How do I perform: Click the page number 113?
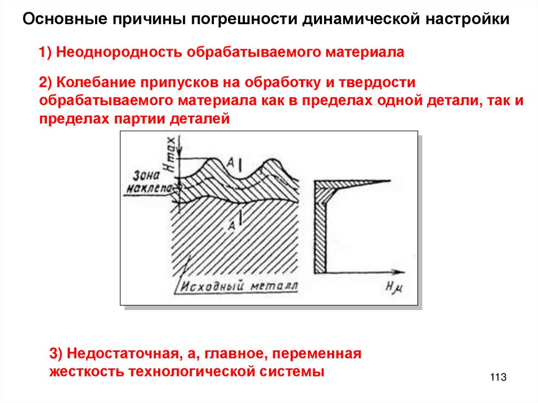[x=498, y=377]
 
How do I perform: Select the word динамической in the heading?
[x=359, y=20]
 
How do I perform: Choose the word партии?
[x=139, y=119]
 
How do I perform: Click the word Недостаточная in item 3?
[x=120, y=353]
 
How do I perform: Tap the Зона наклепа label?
[x=143, y=181]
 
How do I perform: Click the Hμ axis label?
[x=393, y=286]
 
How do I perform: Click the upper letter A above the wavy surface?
[x=230, y=160]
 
